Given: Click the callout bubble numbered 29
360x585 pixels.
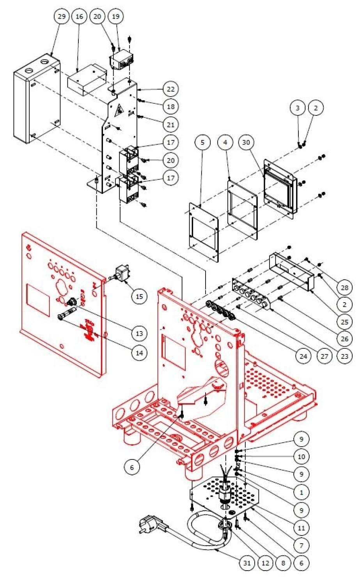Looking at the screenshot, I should click(61, 16).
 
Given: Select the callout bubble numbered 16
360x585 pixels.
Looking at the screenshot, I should click(79, 16).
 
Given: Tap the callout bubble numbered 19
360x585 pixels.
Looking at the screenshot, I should click(116, 16).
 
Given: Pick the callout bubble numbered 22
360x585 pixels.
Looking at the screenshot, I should click(170, 89).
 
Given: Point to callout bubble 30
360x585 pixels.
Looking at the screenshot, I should click(246, 142).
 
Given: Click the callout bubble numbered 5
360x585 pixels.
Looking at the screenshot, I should click(202, 142).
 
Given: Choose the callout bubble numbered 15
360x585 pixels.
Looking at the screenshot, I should click(139, 296).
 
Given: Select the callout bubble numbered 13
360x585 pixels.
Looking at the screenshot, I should click(139, 333).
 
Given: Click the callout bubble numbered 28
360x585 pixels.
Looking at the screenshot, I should click(344, 287).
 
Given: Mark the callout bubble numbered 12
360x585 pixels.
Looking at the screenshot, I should click(266, 563).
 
